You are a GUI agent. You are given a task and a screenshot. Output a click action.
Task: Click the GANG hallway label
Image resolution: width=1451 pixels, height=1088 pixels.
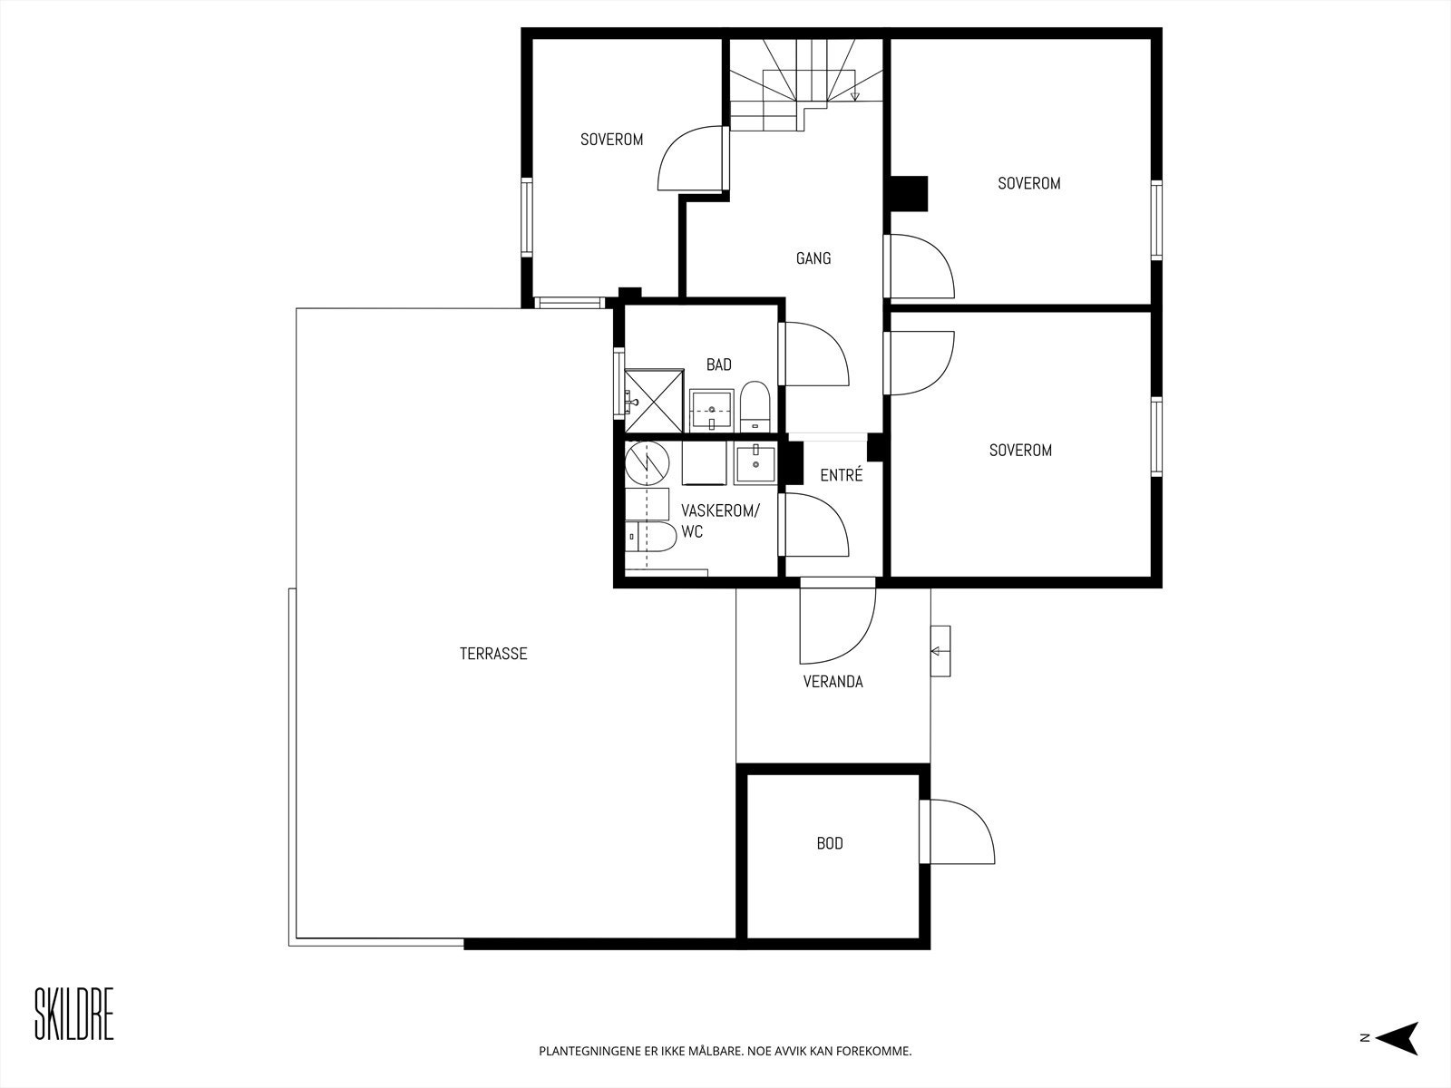pyautogui.click(x=813, y=258)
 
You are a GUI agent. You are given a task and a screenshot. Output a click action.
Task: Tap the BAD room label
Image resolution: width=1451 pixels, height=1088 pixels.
pyautogui.click(x=719, y=364)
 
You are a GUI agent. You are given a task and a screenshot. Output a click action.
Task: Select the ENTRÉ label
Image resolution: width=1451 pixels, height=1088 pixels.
pyautogui.click(x=841, y=475)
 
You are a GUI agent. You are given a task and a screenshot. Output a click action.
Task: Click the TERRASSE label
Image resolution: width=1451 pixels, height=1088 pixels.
pyautogui.click(x=493, y=654)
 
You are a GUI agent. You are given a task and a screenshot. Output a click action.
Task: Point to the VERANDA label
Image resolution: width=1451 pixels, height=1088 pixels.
pyautogui.click(x=833, y=682)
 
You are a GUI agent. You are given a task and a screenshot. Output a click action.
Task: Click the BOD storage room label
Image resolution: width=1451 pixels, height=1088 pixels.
pyautogui.click(x=830, y=844)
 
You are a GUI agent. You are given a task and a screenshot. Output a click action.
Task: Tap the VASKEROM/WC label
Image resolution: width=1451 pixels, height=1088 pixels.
pyautogui.click(x=719, y=521)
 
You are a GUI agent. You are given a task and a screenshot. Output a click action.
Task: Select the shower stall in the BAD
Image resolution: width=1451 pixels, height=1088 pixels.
pyautogui.click(x=653, y=401)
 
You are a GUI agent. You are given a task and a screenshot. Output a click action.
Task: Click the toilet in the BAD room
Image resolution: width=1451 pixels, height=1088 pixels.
pyautogui.click(x=755, y=407)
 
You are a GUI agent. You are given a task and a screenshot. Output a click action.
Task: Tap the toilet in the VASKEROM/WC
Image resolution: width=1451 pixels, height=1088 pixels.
pyautogui.click(x=650, y=537)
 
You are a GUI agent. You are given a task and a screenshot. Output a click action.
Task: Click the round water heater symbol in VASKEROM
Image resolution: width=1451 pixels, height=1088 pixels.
pyautogui.click(x=646, y=462)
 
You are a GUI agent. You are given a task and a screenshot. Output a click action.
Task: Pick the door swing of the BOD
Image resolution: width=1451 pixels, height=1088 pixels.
pyautogui.click(x=959, y=832)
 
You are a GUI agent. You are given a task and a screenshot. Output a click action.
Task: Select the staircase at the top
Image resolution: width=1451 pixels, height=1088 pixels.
pyautogui.click(x=805, y=83)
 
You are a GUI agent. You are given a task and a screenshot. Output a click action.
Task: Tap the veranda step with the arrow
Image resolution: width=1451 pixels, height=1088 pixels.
pyautogui.click(x=940, y=651)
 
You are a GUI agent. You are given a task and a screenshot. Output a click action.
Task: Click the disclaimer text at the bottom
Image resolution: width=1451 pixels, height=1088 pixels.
pyautogui.click(x=725, y=1052)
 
